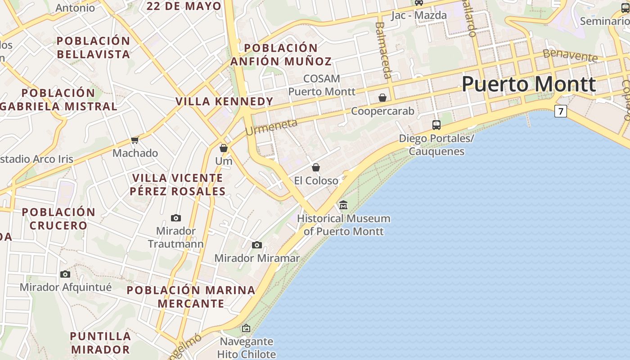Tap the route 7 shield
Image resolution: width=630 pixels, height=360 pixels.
[560, 111]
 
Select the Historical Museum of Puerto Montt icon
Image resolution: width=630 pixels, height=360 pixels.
[343, 205]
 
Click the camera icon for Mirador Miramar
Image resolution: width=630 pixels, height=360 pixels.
[257, 245]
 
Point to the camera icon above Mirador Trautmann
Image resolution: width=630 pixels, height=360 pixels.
[176, 218]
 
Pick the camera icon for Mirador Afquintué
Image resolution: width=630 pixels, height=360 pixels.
[65, 274]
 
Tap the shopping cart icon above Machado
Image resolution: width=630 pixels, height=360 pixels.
[135, 140]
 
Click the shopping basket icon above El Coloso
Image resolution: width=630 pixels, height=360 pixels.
[316, 167]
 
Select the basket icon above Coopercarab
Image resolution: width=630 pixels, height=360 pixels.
[382, 98]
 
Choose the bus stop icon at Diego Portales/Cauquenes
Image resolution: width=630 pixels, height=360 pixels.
[436, 125]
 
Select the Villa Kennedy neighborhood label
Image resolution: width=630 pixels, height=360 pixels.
[225, 102]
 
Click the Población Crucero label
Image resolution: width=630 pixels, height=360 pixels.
[58, 219]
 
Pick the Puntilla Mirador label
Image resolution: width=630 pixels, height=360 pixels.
[100, 342]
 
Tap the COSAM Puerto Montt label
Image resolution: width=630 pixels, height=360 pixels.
[321, 85]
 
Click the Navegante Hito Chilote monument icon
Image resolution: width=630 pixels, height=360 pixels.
[246, 328]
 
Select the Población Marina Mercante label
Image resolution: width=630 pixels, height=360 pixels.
[191, 297]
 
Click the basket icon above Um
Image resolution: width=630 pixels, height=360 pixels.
[224, 148]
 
